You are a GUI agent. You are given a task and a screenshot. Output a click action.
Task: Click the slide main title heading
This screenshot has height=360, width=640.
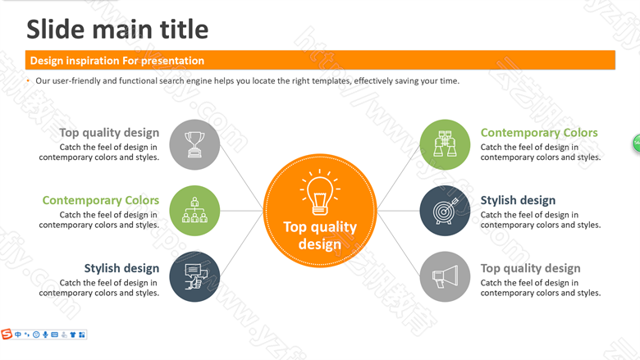pos(117,30)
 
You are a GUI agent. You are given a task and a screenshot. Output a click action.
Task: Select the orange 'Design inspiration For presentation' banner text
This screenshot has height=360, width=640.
pos(117,61)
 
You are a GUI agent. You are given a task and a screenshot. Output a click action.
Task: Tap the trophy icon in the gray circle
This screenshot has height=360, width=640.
pos(194,144)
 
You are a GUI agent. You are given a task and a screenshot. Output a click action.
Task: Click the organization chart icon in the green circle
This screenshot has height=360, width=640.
pos(194,211)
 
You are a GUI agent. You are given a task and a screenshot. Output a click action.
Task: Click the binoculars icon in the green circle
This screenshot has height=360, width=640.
pos(445,144)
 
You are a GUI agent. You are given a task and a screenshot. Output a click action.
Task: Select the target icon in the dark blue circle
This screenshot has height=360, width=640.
pos(446,211)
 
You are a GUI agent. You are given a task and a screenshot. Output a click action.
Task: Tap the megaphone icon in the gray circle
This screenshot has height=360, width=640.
pos(445,277)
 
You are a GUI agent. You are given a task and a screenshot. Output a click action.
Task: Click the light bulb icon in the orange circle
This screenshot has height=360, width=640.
pos(320,193)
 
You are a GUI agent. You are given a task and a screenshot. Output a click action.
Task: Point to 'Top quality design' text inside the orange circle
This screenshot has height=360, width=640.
pos(320,235)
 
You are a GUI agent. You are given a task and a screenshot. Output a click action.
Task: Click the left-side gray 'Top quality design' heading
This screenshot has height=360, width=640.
pos(109,133)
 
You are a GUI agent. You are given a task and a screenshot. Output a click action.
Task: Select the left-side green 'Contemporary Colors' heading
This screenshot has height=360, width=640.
pos(101,200)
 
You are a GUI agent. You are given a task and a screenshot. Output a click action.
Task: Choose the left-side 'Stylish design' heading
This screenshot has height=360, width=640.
pos(121,268)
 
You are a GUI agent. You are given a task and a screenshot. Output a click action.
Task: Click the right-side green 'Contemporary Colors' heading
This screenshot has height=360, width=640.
pos(539,133)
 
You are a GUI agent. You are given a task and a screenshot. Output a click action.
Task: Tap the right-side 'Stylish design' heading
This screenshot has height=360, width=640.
pos(518,201)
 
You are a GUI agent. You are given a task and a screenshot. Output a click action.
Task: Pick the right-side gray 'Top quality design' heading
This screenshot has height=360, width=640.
pos(530,269)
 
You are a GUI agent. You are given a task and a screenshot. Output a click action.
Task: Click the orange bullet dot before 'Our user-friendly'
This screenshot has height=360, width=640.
pos(28,80)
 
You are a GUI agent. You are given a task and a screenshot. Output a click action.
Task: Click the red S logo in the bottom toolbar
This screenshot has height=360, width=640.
pos(7,335)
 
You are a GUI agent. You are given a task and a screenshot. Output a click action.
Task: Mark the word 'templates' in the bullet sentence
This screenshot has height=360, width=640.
pos(331,80)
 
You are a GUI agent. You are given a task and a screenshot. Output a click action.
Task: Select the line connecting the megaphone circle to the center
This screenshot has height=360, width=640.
pos(399,244)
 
